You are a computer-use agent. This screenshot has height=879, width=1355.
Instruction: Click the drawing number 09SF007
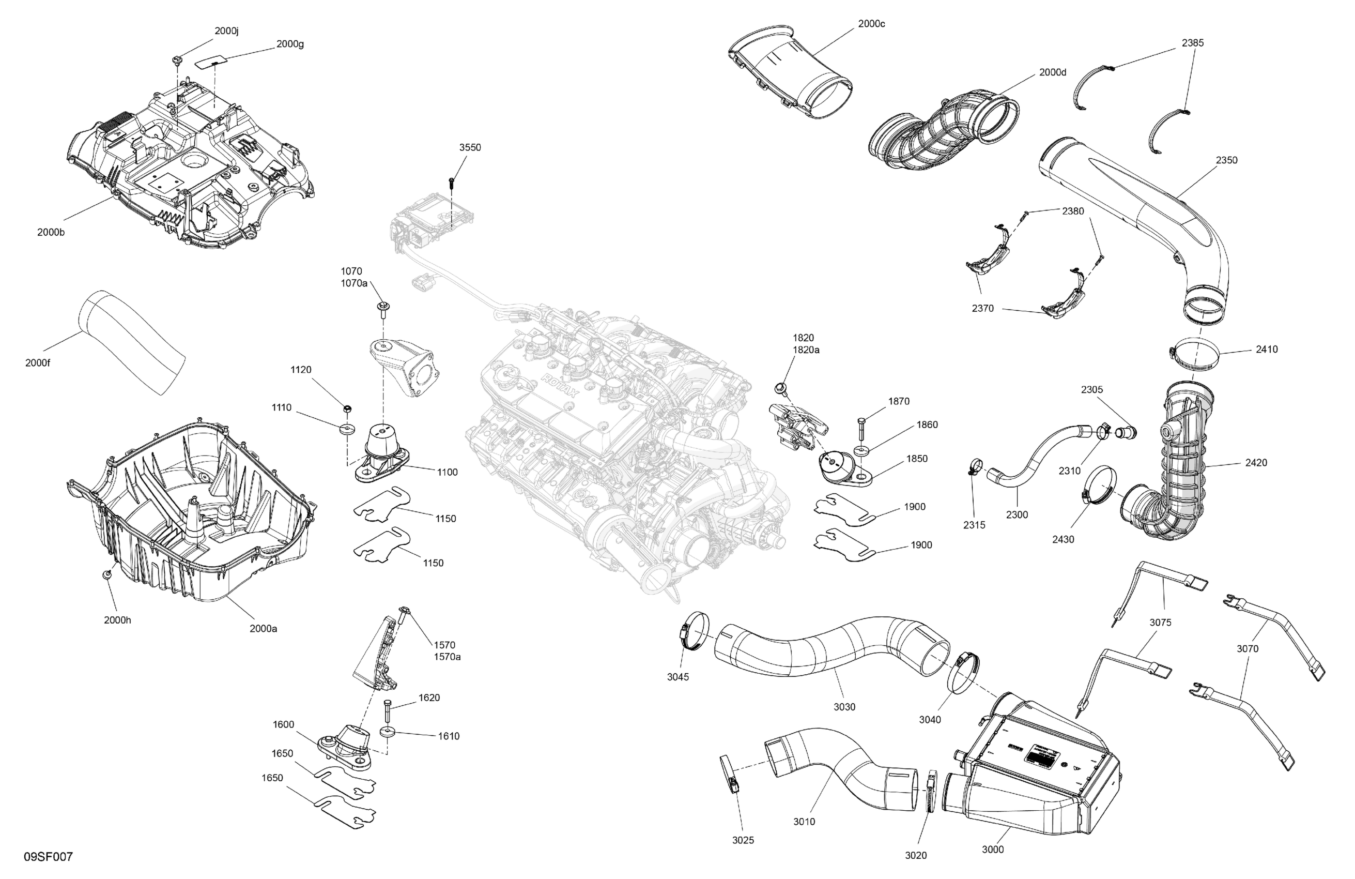pos(49,857)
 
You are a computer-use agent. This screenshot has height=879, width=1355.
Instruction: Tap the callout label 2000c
pos(871,24)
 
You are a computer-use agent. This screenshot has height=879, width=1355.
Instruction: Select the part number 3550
pos(470,147)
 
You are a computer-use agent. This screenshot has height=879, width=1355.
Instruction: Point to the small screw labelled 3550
pos(452,183)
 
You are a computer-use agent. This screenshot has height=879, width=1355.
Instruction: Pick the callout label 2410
pos(1267,349)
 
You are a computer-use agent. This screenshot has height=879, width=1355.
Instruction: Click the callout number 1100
pos(447,472)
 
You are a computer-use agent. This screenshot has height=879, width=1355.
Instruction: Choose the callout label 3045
pos(678,677)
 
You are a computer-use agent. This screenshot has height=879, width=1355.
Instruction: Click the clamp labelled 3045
pos(694,631)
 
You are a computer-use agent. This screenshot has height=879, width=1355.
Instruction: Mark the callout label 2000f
pos(38,362)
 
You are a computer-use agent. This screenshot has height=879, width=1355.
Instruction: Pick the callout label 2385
pos(1193,43)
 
